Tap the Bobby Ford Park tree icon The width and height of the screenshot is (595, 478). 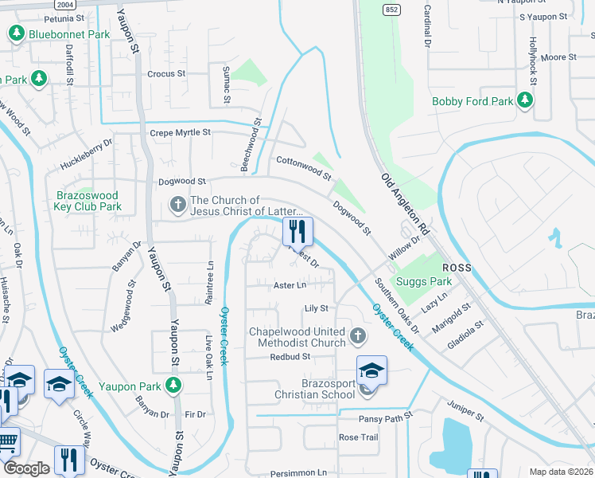524,100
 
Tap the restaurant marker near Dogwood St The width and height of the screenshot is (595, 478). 298,232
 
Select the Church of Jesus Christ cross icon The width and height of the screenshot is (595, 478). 177,206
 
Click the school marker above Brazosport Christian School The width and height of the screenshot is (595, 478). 371,370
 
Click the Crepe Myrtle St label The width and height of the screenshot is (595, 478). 181,133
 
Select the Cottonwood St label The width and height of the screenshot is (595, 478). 303,167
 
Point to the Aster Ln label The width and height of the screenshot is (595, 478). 290,284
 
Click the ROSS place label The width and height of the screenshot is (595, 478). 457,268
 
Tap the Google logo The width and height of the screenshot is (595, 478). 27,468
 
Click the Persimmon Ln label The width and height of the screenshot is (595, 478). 300,472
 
